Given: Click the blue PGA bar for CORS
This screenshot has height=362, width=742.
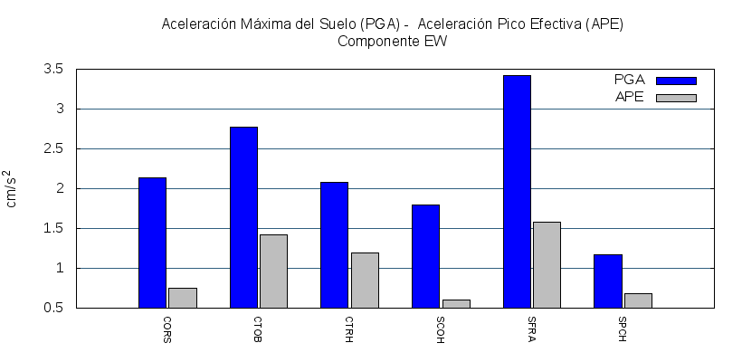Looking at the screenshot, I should coord(152,243).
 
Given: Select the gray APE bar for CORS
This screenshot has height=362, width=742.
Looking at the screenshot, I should coord(182,298).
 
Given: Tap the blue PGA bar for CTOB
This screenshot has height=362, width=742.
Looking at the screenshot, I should coord(243,217).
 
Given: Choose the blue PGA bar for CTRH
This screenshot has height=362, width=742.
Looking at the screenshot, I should coord(334,244).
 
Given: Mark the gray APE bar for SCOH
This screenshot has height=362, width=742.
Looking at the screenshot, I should coord(455,303).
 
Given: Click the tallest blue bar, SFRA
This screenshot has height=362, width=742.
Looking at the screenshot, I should coord(517,191).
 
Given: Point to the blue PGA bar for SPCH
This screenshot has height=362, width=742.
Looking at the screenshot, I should coord(608,281).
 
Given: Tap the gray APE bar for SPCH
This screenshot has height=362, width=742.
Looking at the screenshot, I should coord(638,300).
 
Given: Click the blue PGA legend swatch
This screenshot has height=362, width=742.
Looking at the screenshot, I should coord(676,81).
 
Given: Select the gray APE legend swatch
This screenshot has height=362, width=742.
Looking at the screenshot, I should coord(676,98).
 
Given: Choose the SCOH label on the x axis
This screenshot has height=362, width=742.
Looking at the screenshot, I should coord(441,330).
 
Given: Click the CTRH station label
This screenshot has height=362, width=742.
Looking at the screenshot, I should coord(349,330).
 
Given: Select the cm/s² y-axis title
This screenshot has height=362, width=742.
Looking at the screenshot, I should coord(11,188).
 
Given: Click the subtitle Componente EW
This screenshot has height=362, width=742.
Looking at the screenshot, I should coord(392,41).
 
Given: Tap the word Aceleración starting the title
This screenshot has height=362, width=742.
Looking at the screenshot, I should coord(195,24).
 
